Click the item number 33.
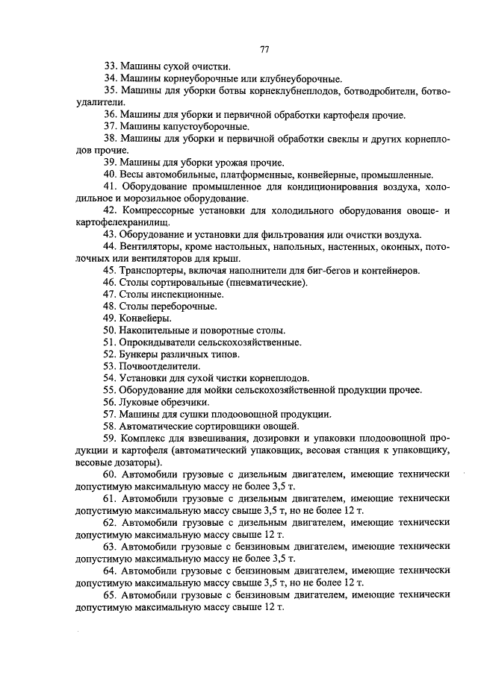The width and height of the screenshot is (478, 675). [111, 66]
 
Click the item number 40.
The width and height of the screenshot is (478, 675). [111, 175]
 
